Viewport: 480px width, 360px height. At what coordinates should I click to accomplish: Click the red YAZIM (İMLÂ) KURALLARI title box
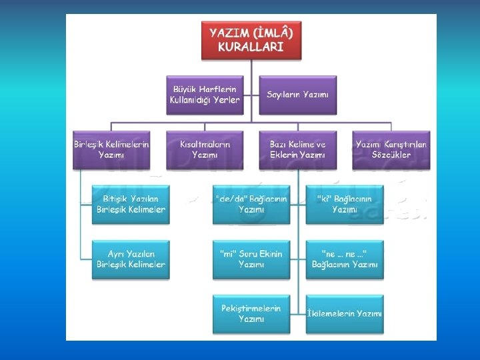tap(251, 39)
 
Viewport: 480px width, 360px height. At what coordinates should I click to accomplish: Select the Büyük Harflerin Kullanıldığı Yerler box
tap(205, 95)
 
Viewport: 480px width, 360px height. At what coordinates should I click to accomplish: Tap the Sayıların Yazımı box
tap(298, 95)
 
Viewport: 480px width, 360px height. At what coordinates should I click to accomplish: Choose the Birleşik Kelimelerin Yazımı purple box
tap(111, 149)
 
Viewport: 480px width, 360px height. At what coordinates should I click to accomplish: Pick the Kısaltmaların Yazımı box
tap(205, 149)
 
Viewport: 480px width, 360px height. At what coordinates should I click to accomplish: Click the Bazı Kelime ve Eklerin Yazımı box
tap(298, 149)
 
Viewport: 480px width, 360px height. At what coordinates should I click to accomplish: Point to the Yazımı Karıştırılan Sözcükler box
tap(391, 149)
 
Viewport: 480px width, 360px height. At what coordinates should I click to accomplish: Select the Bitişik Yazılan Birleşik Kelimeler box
tap(131, 204)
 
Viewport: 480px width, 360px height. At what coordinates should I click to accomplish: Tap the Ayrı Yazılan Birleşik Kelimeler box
tap(131, 259)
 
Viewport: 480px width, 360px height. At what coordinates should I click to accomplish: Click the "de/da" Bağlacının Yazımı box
tap(251, 204)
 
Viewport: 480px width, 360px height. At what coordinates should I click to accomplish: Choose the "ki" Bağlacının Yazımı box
tap(345, 204)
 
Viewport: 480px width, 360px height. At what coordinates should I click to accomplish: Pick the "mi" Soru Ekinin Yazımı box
tap(251, 259)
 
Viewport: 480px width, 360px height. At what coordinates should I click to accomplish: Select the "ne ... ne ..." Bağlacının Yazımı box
tap(345, 259)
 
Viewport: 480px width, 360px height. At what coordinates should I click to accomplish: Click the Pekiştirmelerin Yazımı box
tap(251, 313)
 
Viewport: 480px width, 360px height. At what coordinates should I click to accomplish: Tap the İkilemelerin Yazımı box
tap(345, 313)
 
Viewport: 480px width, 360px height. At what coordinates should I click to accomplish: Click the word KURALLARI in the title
tap(251, 47)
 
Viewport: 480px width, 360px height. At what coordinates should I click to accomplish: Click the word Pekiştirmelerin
tap(251, 308)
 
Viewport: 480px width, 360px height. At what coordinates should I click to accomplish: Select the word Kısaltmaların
tap(205, 143)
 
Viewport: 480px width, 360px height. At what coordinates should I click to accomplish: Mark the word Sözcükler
tap(391, 155)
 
